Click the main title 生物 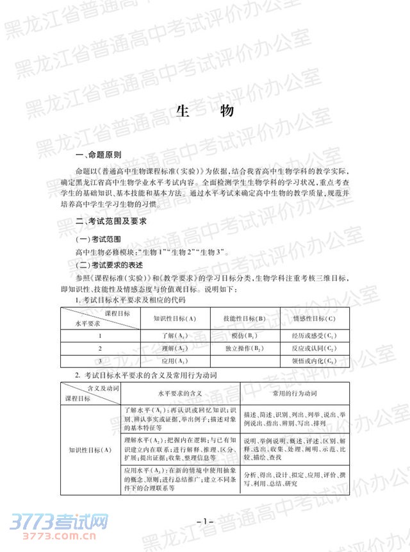[204, 111]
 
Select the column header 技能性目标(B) [244, 318]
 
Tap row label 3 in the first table [100, 362]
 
